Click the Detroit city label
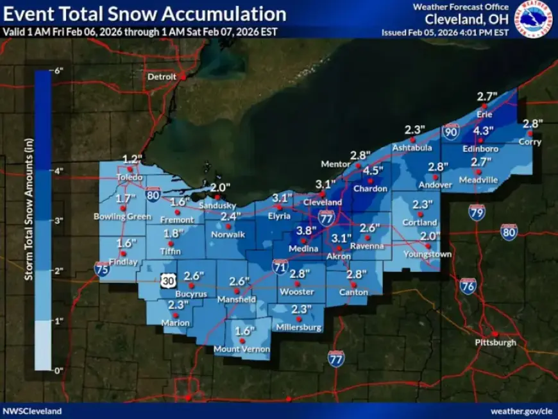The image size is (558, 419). tap(162, 76)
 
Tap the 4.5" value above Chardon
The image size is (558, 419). tap(373, 171)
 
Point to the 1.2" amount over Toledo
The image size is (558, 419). tap(131, 159)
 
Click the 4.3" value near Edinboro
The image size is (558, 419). tap(483, 131)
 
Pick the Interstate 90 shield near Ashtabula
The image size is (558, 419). tap(451, 132)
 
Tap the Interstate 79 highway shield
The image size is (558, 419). tap(476, 212)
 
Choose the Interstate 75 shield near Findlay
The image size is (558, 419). tap(101, 268)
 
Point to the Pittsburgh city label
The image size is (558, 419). tap(495, 343)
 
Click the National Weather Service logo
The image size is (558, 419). tap(534, 19)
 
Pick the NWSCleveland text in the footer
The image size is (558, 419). tap(33, 411)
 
